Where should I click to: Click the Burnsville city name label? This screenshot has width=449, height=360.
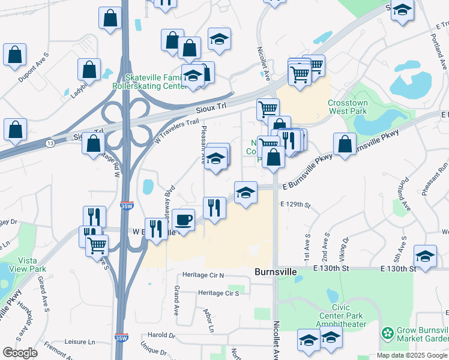[276, 272]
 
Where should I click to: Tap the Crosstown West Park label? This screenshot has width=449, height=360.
[348, 107]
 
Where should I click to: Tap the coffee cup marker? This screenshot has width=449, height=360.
[184, 219]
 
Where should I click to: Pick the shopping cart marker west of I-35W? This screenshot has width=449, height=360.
[97, 244]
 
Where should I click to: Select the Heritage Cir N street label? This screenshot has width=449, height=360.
[204, 275]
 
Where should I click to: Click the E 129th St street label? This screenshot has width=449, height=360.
[295, 205]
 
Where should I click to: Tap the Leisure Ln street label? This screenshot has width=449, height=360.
[80, 342]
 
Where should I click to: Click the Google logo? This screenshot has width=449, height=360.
[20, 353]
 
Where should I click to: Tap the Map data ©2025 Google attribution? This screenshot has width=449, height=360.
[411, 355]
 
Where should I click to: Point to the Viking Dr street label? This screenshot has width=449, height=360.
[344, 252]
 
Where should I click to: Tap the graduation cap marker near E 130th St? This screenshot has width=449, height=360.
[425, 256]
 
